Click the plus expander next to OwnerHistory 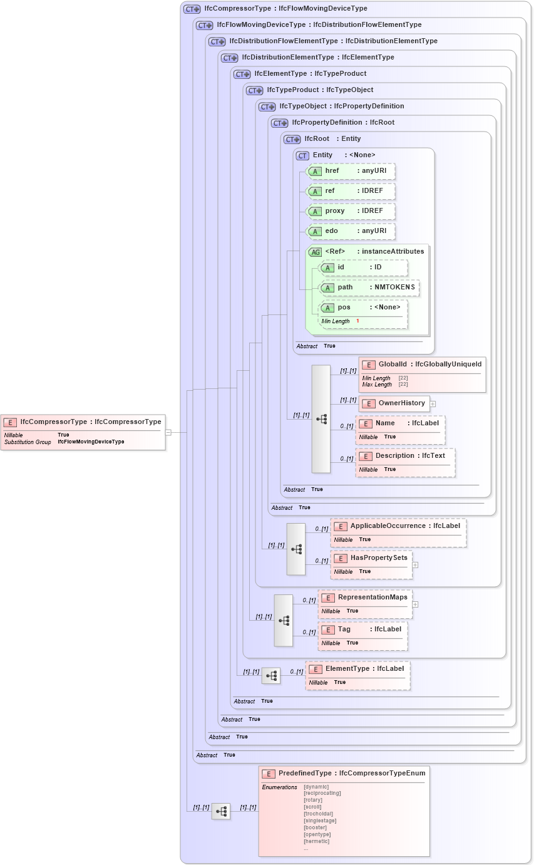pyautogui.click(x=433, y=404)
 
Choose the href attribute pyautogui.click(x=351, y=171)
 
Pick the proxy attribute pyautogui.click(x=351, y=211)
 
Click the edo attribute pyautogui.click(x=351, y=231)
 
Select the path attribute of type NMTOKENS pyautogui.click(x=369, y=287)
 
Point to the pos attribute pyautogui.click(x=363, y=308)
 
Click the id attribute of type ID pyautogui.click(x=363, y=267)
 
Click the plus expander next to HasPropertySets pyautogui.click(x=415, y=565)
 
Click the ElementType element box pyautogui.click(x=357, y=669)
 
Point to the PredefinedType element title pyautogui.click(x=344, y=774)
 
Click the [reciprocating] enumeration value pyautogui.click(x=322, y=793)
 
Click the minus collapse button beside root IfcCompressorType pyautogui.click(x=168, y=432)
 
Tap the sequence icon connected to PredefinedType pyautogui.click(x=221, y=811)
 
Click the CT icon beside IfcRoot pyautogui.click(x=292, y=139)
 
